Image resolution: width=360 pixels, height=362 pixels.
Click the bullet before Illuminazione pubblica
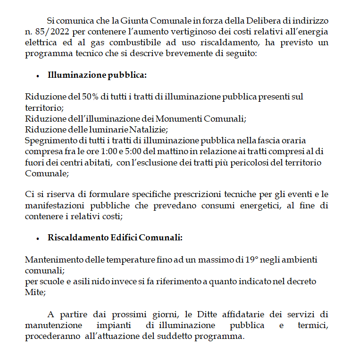coord(37,76)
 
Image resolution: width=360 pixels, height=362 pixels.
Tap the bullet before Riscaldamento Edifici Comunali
coord(37,239)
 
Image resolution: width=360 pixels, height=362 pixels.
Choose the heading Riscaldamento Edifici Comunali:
coord(115,238)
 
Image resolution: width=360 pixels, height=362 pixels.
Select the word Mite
coord(34,292)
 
